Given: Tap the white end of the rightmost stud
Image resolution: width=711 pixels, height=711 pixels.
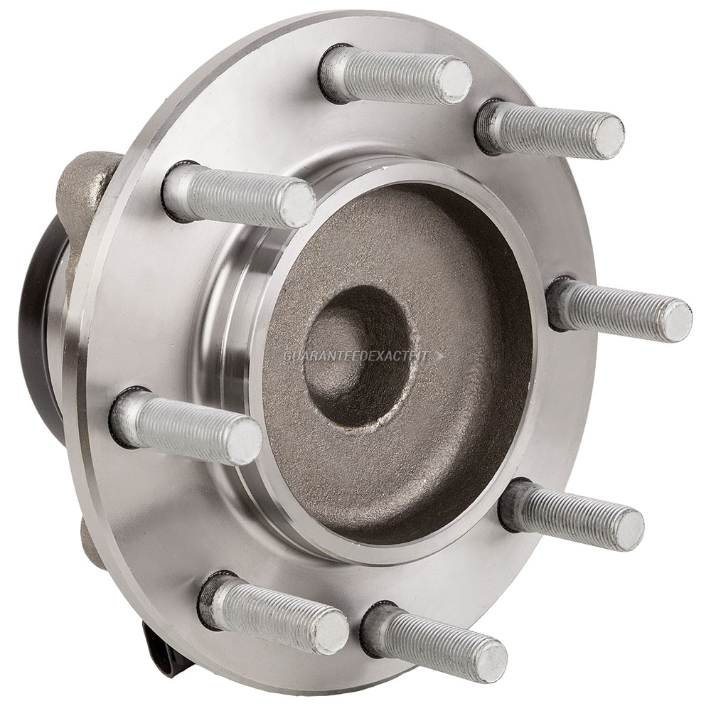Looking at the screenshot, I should coord(673,319).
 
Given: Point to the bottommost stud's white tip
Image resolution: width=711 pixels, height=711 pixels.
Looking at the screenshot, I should coord(488,656).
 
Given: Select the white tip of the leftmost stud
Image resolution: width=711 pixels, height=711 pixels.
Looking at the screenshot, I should coord(240,439).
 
